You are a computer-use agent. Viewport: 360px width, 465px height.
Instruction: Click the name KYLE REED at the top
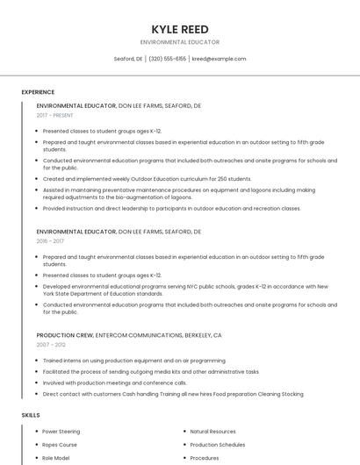180,30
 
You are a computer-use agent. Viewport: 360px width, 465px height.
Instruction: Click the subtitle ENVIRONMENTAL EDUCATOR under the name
180,42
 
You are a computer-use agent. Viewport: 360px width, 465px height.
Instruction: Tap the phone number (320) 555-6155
167,59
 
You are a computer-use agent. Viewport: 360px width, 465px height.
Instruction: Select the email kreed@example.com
219,59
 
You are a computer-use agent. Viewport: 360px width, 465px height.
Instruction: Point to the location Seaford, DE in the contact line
128,59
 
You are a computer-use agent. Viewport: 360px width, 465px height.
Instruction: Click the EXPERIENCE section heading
38,92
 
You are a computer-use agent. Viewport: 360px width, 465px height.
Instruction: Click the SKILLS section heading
31,414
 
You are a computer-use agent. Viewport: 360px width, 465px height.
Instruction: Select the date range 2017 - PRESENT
55,115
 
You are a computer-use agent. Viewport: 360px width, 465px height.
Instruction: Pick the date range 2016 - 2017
50,241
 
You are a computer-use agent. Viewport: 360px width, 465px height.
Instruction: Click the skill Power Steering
61,432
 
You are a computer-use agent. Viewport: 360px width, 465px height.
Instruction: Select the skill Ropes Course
60,445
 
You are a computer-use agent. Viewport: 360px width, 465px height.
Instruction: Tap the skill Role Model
56,458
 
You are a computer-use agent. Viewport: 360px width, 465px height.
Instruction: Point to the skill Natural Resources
212,432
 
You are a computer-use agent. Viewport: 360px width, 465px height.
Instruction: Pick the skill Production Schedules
218,445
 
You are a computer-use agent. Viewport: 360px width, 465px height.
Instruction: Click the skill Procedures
205,458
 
